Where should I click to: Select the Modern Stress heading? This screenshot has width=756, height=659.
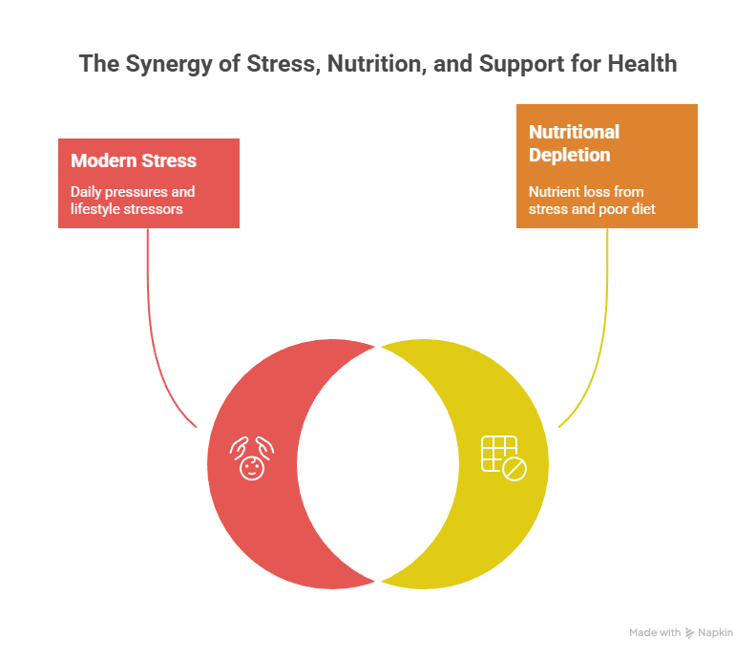(134, 160)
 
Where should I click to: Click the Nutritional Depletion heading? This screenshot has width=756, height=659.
(574, 143)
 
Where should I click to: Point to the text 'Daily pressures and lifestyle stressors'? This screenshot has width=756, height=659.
(132, 200)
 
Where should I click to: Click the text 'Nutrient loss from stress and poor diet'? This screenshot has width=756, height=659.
(592, 200)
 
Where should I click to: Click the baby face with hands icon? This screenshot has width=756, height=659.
(253, 460)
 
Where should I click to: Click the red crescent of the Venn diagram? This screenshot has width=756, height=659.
(248, 516)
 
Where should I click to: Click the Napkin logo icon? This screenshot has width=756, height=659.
(689, 633)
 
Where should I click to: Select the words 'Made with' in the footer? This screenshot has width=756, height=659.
(655, 633)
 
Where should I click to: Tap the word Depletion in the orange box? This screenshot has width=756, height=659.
(570, 155)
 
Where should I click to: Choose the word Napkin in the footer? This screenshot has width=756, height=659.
(715, 633)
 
